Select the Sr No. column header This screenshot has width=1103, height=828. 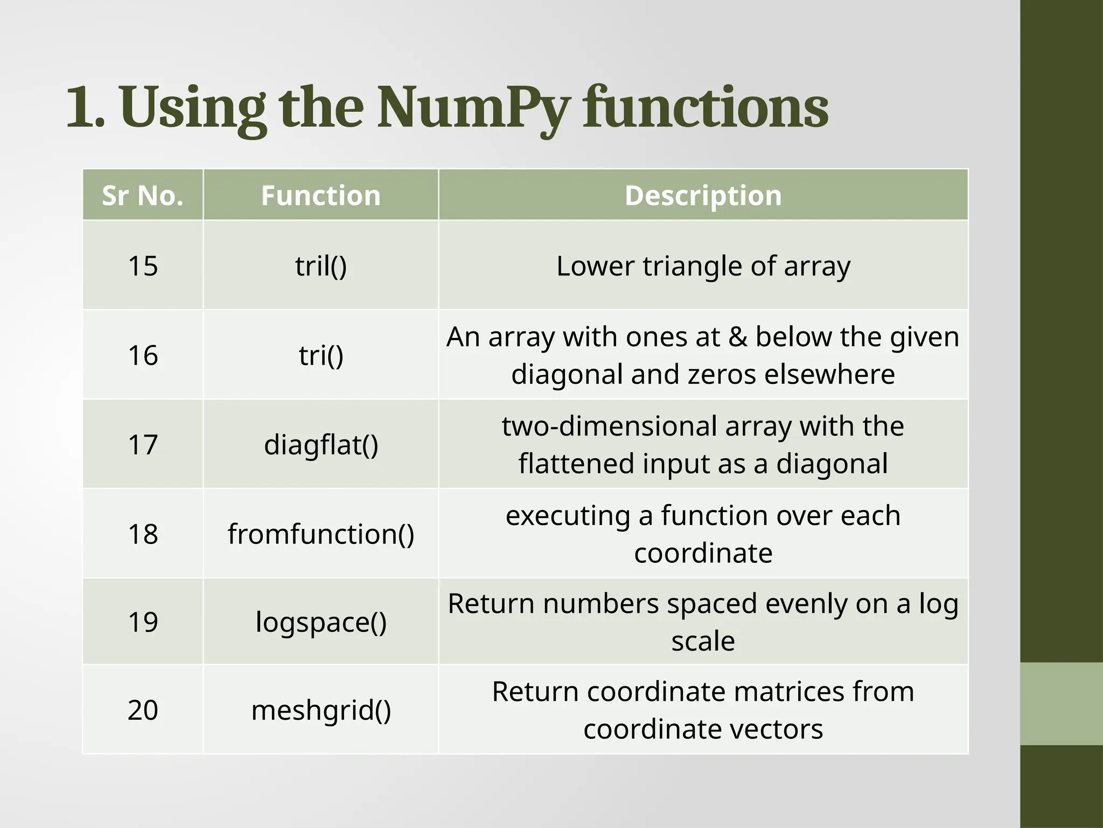[143, 195]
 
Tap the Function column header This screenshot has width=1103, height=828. [321, 195]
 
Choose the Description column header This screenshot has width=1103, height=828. [703, 195]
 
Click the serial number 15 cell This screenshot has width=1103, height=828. [143, 266]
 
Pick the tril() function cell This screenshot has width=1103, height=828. [321, 266]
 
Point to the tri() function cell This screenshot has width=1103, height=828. [321, 355]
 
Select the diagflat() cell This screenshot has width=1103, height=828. [321, 445]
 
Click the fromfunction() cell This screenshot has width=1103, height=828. [321, 534]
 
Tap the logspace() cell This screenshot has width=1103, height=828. [321, 622]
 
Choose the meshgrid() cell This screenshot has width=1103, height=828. [321, 710]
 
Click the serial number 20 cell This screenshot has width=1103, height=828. [143, 710]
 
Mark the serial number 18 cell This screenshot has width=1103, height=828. [143, 534]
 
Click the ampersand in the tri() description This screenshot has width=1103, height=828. [737, 337]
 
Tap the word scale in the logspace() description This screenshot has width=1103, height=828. [703, 641]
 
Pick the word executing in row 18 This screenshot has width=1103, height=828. [568, 516]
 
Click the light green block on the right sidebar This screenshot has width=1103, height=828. [1062, 703]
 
